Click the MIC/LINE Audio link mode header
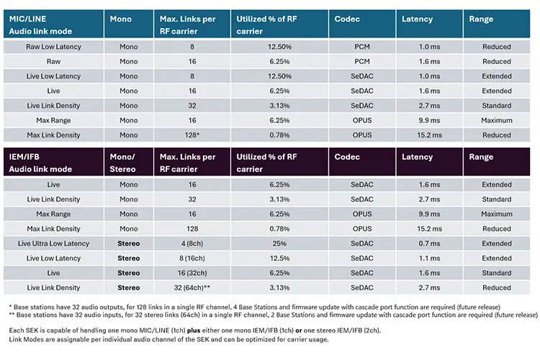[x=40, y=24]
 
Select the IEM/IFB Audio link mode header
[x=40, y=163]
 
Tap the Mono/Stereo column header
[x=122, y=163]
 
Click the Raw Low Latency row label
[x=53, y=47]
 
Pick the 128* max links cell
[x=192, y=135]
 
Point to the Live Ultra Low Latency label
[x=53, y=243]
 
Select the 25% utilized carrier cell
[x=279, y=243]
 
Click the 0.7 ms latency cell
[x=429, y=243]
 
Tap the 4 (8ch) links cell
[x=192, y=243]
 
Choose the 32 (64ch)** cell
[x=192, y=288]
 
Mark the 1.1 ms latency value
[x=429, y=258]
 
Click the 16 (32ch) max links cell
[x=192, y=273]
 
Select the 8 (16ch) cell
[x=192, y=258]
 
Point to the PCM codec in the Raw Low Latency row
[x=362, y=47]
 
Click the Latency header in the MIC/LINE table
[x=417, y=19]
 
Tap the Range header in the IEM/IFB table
[x=481, y=157]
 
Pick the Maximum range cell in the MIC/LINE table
[x=497, y=120]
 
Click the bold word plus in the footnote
[x=194, y=330]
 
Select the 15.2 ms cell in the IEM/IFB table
[x=429, y=229]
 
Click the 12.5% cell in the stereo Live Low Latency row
[x=279, y=258]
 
